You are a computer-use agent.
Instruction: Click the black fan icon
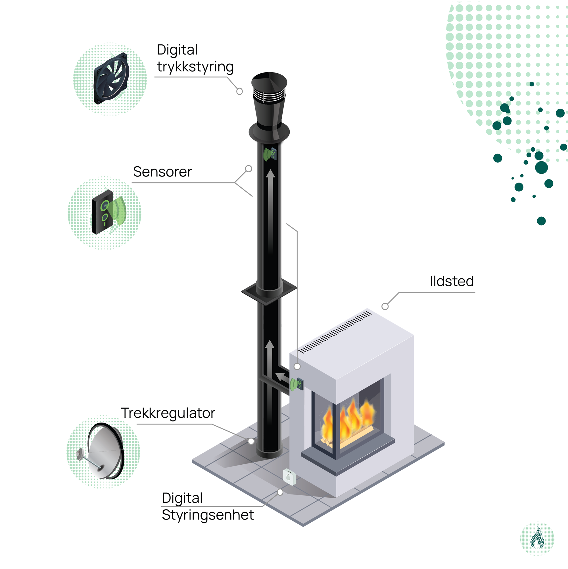tap(111, 79)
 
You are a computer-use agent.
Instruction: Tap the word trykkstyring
tap(195, 67)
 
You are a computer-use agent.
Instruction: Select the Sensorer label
tap(162, 172)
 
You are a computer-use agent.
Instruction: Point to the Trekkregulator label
tap(168, 413)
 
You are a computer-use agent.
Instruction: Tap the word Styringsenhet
tap(208, 515)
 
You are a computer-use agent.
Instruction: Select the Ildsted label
tap(452, 281)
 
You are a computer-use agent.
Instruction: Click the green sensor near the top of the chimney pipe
tap(270, 154)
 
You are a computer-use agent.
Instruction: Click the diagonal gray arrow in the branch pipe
tap(282, 377)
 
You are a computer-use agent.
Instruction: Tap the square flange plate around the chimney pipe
tap(269, 291)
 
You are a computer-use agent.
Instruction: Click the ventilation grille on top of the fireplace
tap(335, 332)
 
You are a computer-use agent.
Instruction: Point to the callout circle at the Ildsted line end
tap(385, 307)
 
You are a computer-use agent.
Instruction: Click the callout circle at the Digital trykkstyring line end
tap(239, 91)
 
